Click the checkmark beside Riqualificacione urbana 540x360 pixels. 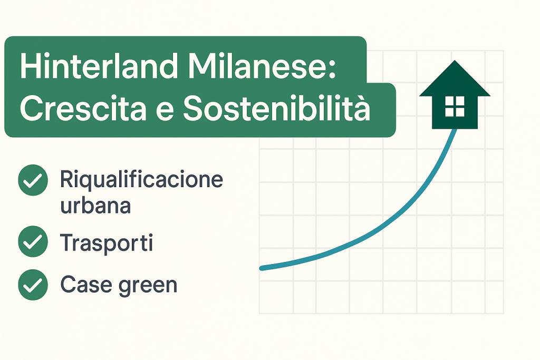tap(33, 180)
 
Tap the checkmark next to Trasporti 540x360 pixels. tap(33, 241)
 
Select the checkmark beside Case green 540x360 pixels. tap(33, 285)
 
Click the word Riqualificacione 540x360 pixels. tap(141, 180)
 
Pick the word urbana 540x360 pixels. tap(95, 206)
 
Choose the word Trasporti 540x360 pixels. tap(107, 242)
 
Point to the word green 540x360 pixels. tap(148, 286)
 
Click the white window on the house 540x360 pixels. tap(455, 106)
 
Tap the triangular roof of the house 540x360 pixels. tap(455, 79)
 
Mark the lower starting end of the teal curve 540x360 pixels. tap(262, 268)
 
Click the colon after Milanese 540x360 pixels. tap(332, 70)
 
